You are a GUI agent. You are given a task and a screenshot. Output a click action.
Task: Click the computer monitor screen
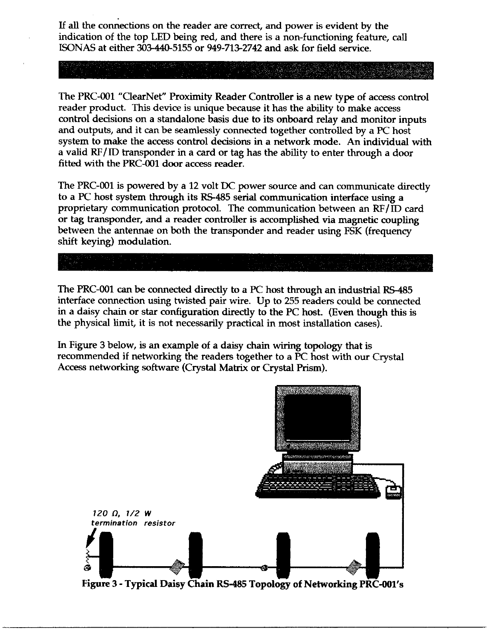(317, 417)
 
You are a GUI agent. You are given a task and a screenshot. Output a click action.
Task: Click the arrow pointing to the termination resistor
(94, 535)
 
